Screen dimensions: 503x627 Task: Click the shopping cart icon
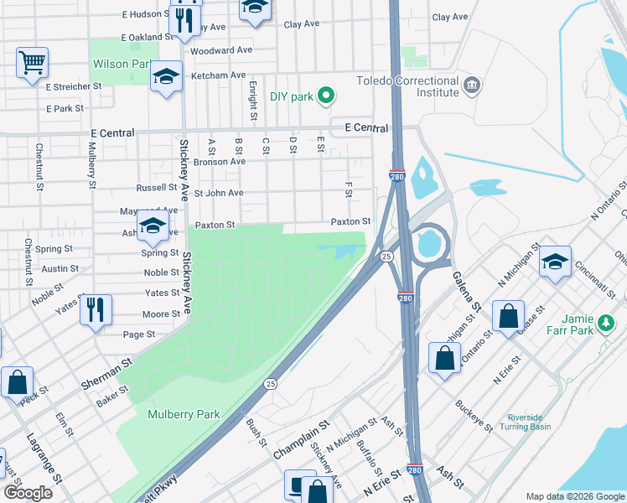(x=32, y=62)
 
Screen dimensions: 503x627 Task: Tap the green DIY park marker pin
(x=326, y=96)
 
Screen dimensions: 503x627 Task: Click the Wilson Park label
(x=122, y=64)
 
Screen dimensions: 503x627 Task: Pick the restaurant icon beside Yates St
(x=96, y=309)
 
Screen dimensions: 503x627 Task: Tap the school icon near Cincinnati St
(x=555, y=262)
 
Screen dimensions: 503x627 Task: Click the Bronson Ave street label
(x=219, y=161)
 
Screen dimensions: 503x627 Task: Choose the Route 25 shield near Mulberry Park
(x=270, y=384)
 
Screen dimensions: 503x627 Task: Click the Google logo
(x=28, y=493)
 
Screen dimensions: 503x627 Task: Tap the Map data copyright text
(x=575, y=496)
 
